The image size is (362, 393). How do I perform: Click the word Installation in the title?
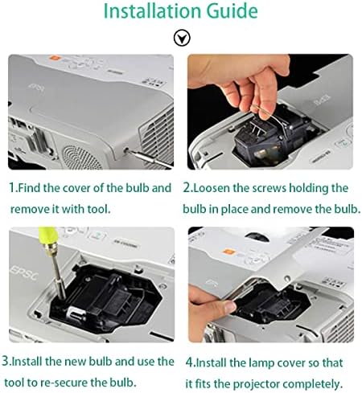pyautogui.click(x=152, y=10)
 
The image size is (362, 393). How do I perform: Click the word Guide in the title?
pyautogui.click(x=232, y=10)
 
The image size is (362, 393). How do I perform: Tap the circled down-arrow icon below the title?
pyautogui.click(x=182, y=38)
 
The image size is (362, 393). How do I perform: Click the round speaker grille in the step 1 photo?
pyautogui.click(x=81, y=158)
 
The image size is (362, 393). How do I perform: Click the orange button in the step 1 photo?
pyautogui.click(x=55, y=58)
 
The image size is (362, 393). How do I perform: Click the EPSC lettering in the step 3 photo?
pyautogui.click(x=23, y=274)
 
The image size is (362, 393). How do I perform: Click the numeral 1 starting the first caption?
pyautogui.click(x=11, y=188)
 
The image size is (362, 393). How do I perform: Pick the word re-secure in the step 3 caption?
pyautogui.click(x=64, y=383)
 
